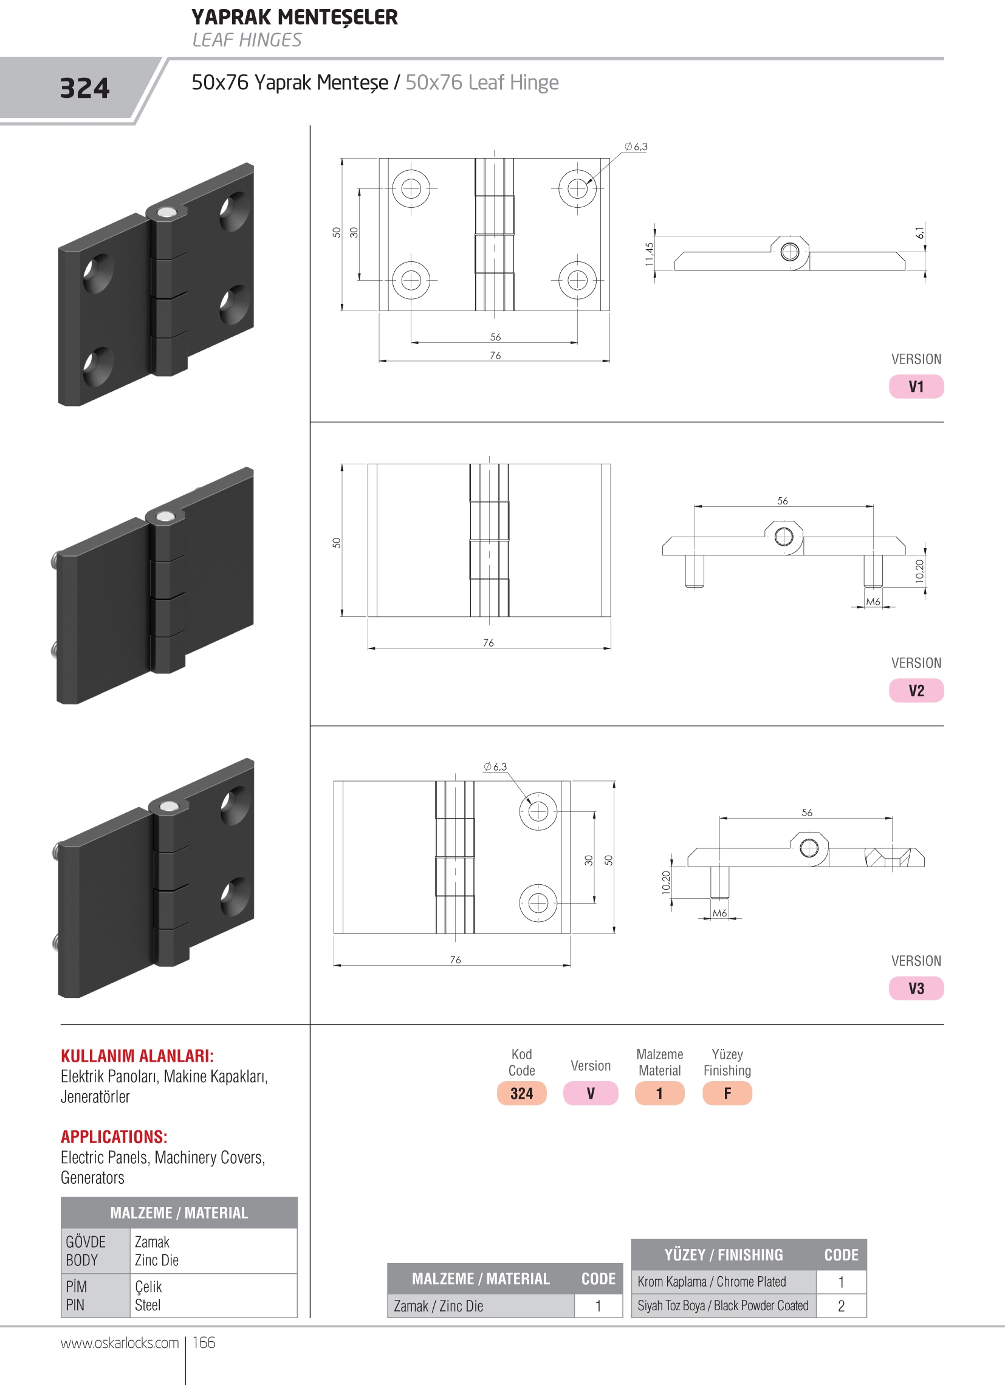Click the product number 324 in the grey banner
click(84, 88)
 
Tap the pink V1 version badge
click(916, 387)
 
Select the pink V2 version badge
click(916, 690)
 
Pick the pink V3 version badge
click(916, 988)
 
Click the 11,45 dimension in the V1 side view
click(649, 253)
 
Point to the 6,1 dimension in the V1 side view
click(919, 232)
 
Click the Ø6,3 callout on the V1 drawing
click(636, 146)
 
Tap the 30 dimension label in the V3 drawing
click(589, 860)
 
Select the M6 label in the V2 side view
click(873, 602)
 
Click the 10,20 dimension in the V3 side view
click(665, 882)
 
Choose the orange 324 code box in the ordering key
click(521, 1093)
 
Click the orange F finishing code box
click(727, 1093)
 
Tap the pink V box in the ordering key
click(591, 1093)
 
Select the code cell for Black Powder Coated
click(841, 1305)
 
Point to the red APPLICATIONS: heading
click(114, 1136)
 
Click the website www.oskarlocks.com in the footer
click(120, 1342)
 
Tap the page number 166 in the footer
click(204, 1342)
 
